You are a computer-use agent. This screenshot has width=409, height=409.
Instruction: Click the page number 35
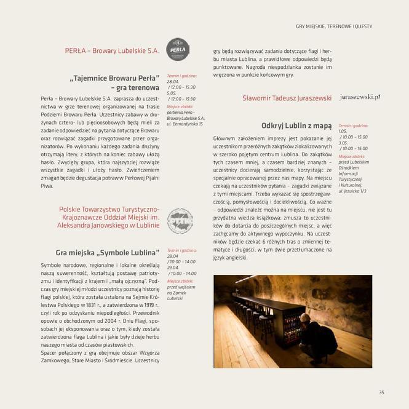[381, 392]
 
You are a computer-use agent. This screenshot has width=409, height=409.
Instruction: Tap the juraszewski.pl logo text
[359, 97]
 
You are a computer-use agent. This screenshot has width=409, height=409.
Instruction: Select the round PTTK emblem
[180, 221]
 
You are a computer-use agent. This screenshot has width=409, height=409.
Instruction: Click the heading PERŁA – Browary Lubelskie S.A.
[112, 50]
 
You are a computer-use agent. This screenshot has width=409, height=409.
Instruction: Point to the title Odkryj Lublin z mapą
[296, 125]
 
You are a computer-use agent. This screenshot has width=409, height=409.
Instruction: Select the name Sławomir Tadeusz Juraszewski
[287, 98]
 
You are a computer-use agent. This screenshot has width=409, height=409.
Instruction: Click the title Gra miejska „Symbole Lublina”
[107, 252]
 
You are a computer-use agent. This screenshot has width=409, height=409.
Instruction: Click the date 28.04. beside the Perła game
[173, 82]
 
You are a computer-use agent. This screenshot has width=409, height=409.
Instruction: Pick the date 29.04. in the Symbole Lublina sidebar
[173, 268]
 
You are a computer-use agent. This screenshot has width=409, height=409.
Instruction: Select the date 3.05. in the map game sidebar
[343, 143]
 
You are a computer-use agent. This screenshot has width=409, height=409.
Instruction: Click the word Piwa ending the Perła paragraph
[47, 185]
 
